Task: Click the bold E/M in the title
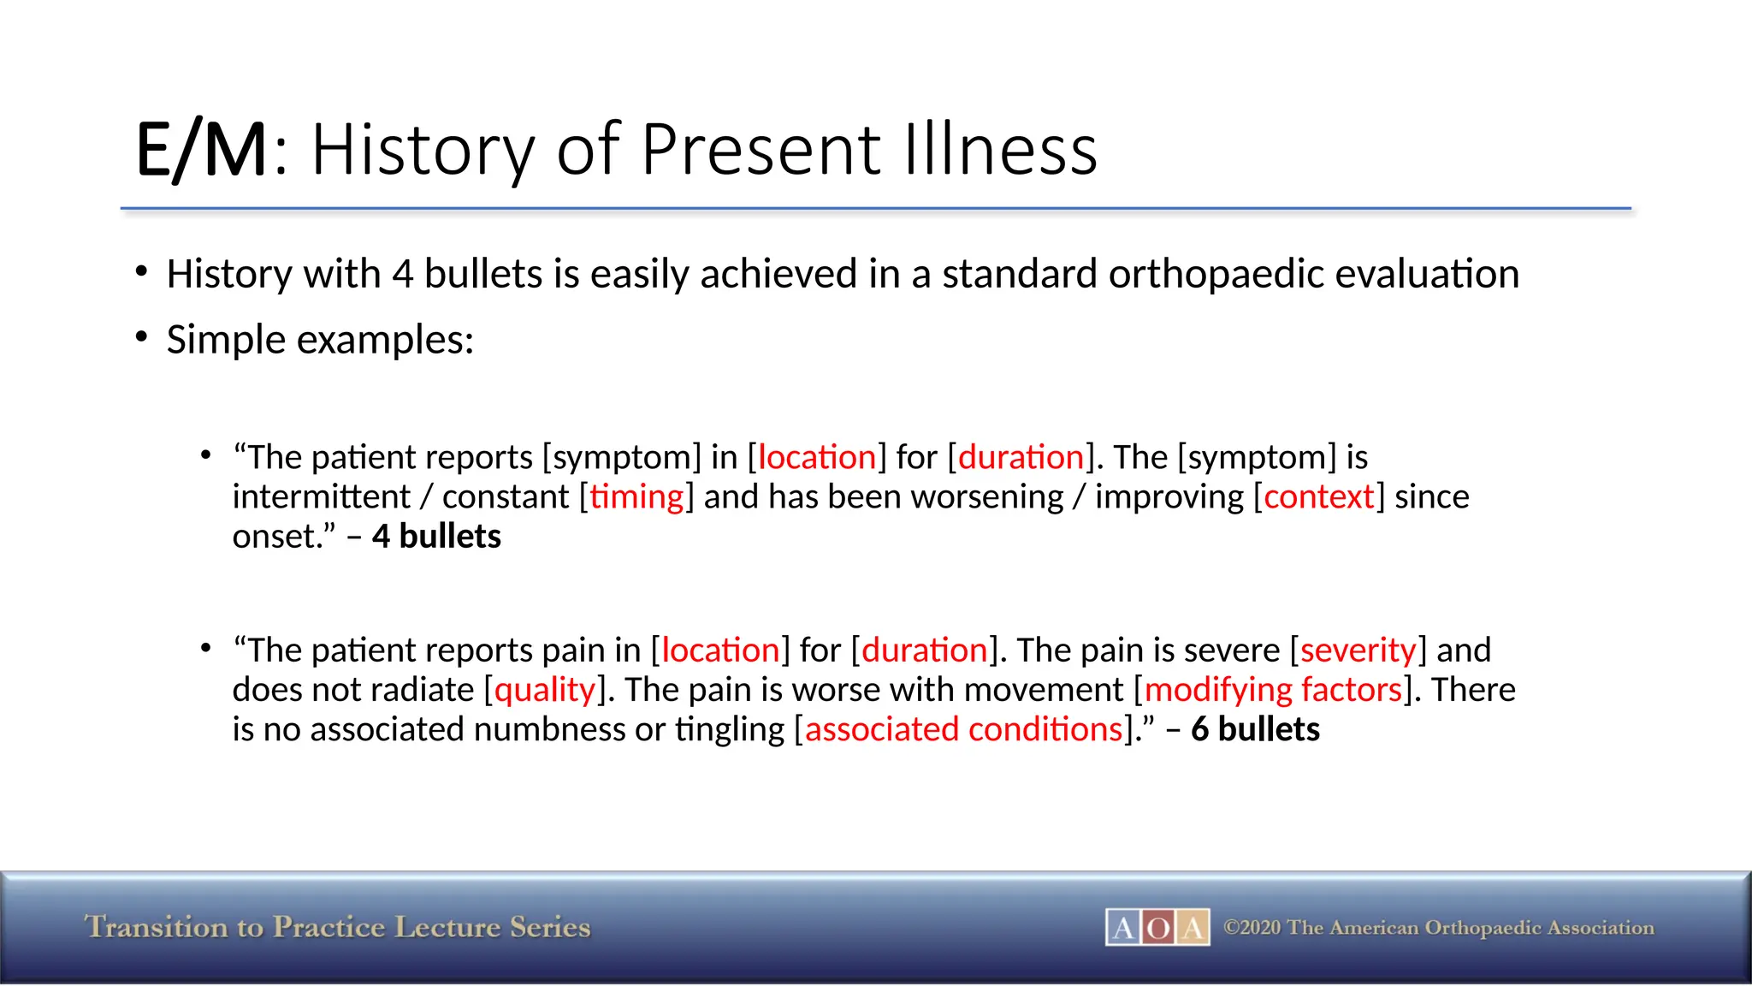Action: click(x=202, y=151)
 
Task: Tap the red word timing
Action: click(x=636, y=497)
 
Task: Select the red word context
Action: click(x=1318, y=497)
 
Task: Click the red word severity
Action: click(x=1358, y=650)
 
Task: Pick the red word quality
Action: click(x=545, y=690)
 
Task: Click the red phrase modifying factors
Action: click(x=1273, y=690)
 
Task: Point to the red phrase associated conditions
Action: click(x=963, y=730)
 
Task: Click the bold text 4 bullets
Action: click(x=436, y=537)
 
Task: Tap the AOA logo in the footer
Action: click(x=1157, y=928)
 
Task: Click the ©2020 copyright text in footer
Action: click(x=1438, y=928)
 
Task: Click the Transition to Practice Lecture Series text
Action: click(x=337, y=928)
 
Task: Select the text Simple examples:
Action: click(x=320, y=341)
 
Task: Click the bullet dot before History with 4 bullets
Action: click(x=142, y=272)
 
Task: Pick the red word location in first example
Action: click(x=817, y=458)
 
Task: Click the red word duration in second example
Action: click(x=924, y=650)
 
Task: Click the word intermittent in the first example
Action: click(x=321, y=497)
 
